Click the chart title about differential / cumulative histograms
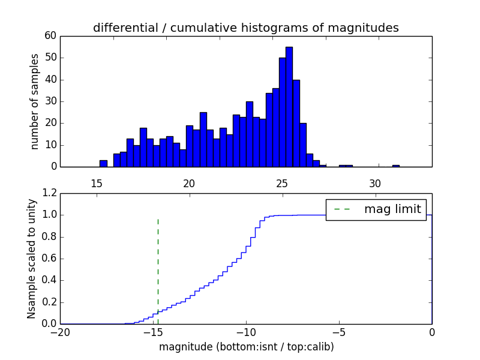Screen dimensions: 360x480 tap(245, 28)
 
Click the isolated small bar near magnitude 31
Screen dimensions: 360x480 tap(396, 166)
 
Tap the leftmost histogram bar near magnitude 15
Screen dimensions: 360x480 tap(103, 163)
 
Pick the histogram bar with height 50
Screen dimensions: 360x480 tap(282, 112)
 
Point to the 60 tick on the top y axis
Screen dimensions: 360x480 tap(50, 36)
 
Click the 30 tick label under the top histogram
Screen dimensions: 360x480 tap(375, 184)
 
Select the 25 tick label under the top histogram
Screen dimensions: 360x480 tap(282, 184)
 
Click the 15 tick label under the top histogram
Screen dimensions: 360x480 tap(96, 184)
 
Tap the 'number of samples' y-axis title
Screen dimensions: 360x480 tap(35, 101)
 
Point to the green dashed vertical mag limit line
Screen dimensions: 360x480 tap(158, 264)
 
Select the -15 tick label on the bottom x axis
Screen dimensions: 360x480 tap(153, 332)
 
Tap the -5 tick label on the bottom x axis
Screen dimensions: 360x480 tap(339, 332)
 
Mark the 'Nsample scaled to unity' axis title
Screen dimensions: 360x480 tap(32, 259)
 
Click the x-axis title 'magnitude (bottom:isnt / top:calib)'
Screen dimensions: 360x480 tap(246, 347)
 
